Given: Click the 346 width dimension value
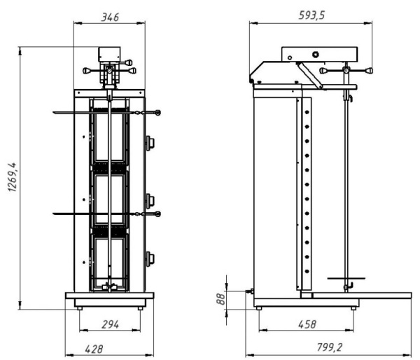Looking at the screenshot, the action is click(x=110, y=17).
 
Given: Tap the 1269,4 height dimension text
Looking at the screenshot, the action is click(x=13, y=177).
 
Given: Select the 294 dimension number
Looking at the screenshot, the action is click(x=110, y=324).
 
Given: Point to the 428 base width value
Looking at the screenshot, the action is click(x=94, y=349).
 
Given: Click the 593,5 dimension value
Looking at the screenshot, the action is click(x=311, y=15).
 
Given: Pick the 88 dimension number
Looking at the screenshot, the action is click(x=220, y=299).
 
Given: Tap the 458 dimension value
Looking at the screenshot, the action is click(x=307, y=324).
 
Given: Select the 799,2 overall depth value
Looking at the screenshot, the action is click(x=330, y=347).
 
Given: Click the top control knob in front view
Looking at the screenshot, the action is click(x=150, y=143).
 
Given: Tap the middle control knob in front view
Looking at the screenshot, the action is click(x=150, y=201).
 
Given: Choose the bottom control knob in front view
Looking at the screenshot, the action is click(x=150, y=259).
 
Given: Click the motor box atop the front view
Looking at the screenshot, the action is click(x=109, y=55).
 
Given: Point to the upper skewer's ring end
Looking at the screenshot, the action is click(x=157, y=113).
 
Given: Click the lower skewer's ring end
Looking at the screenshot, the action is click(x=157, y=214).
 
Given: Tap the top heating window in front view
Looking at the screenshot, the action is click(x=109, y=137).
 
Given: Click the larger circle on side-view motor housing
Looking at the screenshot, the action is click(x=316, y=55).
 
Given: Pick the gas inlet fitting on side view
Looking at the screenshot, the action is click(x=250, y=291).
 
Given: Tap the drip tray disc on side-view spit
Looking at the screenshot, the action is click(x=346, y=279).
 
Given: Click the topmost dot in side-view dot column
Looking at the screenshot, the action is click(x=307, y=112).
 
